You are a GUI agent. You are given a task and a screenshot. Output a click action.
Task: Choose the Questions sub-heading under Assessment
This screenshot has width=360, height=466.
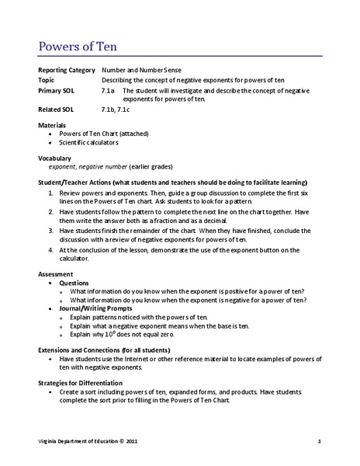73,283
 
